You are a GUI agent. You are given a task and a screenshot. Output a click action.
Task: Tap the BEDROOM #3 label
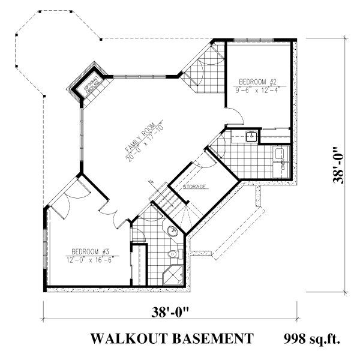coord(89,251)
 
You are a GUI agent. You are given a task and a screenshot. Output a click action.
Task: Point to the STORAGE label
coord(196,187)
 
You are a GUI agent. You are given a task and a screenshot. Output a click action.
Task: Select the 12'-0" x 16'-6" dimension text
coord(89,259)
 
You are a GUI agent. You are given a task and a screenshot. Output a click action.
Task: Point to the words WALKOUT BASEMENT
coord(171,340)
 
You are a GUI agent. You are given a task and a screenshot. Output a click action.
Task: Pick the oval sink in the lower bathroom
coord(172,232)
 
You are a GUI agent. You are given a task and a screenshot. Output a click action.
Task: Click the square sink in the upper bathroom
coord(251,136)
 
